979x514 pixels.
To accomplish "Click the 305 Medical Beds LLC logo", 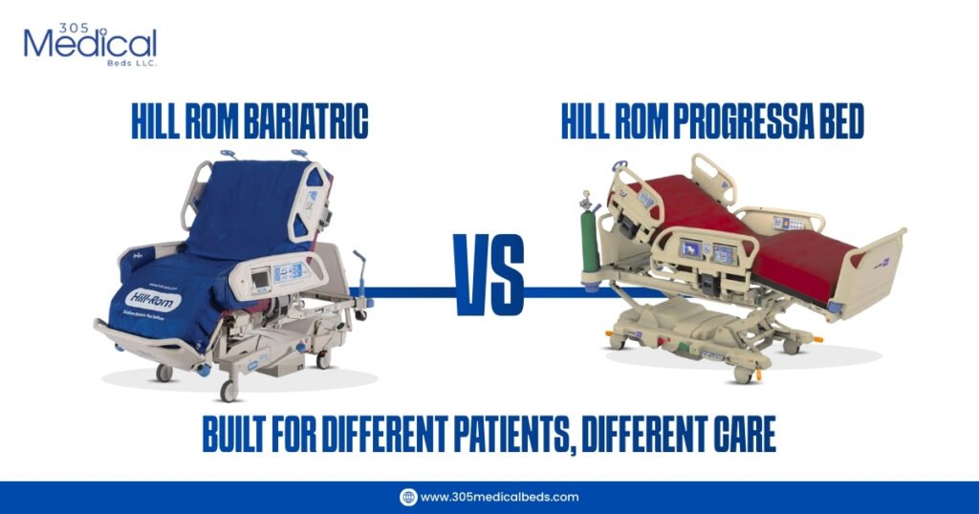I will coord(90,43).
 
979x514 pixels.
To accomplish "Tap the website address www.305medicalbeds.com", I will coord(499,497).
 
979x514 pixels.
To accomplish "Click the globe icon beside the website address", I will coord(408,497).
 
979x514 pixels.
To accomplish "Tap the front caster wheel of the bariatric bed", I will coord(228,390).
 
